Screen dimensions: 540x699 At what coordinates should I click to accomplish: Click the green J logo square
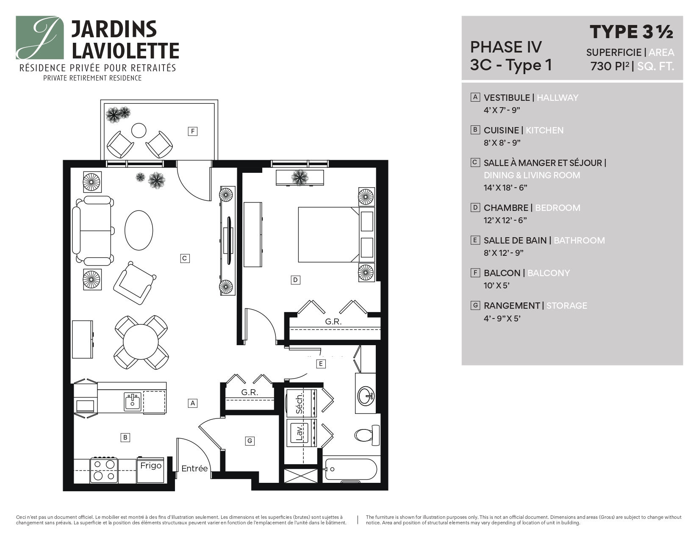[x=40, y=38]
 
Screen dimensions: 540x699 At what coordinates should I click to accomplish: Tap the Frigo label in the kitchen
[x=151, y=465]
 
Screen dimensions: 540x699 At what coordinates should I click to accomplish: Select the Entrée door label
[x=194, y=468]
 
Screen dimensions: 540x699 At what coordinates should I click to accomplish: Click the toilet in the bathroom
[x=365, y=435]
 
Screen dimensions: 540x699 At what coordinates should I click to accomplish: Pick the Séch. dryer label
[x=300, y=404]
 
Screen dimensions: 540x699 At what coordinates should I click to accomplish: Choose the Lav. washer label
[x=300, y=433]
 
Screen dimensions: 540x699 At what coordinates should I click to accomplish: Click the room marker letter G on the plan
[x=250, y=441]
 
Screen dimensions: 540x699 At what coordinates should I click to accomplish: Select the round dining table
[x=141, y=342]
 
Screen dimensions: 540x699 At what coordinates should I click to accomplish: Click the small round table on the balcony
[x=139, y=130]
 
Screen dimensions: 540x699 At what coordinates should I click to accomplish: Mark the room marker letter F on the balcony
[x=193, y=131]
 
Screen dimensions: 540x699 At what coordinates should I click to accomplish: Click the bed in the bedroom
[x=328, y=234]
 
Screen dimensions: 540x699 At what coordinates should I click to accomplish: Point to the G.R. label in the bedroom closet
[x=333, y=321]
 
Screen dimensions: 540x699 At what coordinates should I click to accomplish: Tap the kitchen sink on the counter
[x=133, y=402]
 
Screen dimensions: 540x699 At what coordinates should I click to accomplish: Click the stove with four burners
[x=104, y=470]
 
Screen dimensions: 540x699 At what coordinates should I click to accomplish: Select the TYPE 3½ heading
[x=631, y=32]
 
